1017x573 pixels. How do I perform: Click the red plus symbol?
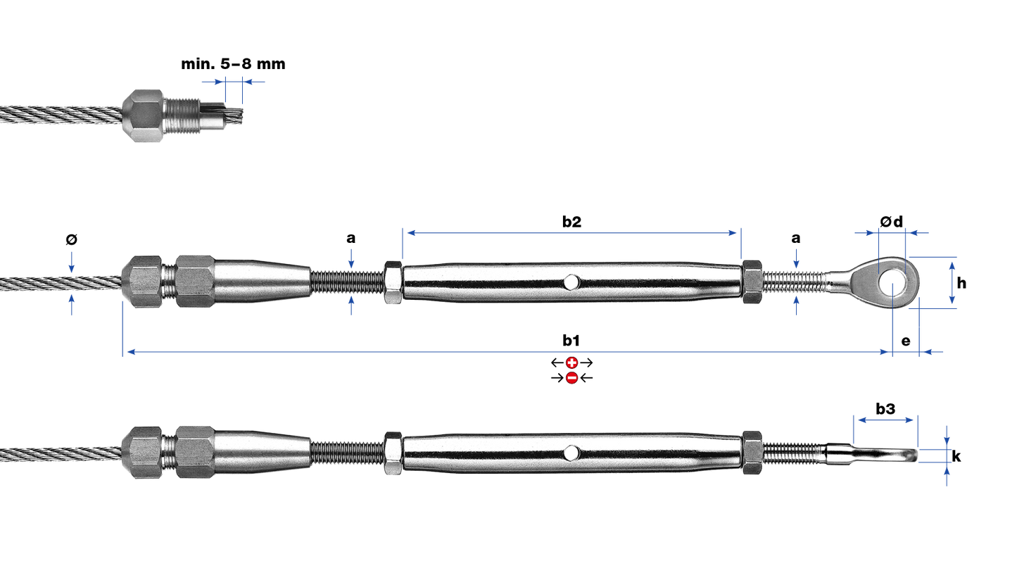(x=572, y=363)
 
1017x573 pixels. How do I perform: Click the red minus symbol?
(x=572, y=378)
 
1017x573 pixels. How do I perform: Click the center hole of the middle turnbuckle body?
(x=572, y=282)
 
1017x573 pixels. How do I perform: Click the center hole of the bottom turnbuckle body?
(x=572, y=452)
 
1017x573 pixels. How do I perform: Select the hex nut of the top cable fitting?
(x=144, y=115)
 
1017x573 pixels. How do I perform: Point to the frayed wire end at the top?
(x=235, y=115)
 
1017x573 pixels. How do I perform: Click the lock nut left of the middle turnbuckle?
(x=393, y=282)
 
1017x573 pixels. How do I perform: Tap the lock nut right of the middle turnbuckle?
(x=752, y=282)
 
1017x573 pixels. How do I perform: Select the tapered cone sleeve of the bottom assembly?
(x=262, y=452)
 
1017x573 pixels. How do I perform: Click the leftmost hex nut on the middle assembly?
(x=143, y=282)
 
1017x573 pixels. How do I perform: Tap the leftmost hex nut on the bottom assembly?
(x=143, y=452)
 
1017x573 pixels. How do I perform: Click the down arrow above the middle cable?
(x=71, y=262)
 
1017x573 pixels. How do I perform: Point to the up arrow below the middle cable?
(x=71, y=305)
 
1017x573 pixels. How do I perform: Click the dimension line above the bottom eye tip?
(x=885, y=420)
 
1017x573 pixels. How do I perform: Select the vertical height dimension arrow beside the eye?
(x=952, y=282)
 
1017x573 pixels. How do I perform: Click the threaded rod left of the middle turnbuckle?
(x=347, y=282)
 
